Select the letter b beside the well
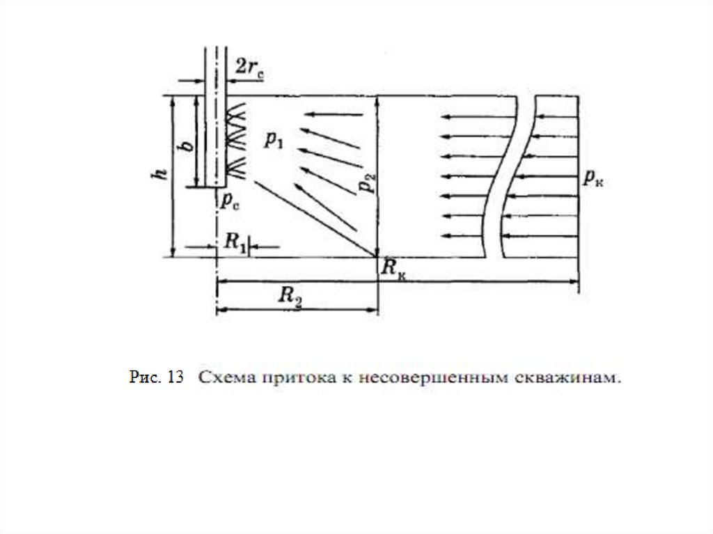coord(185,146)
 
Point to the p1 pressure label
coord(274,140)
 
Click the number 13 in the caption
coord(175,377)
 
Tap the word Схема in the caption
coord(221,378)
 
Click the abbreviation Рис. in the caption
coord(144,377)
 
